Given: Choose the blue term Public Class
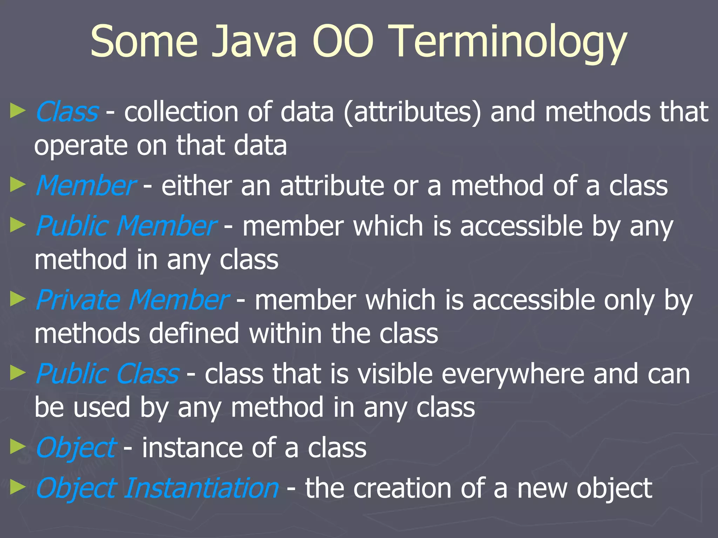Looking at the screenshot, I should click(x=107, y=374).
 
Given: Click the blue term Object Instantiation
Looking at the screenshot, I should click(x=157, y=488).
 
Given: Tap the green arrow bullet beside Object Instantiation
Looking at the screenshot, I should click(x=18, y=487).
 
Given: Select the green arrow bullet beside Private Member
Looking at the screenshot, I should click(x=18, y=299).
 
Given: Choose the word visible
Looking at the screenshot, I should click(x=395, y=374).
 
